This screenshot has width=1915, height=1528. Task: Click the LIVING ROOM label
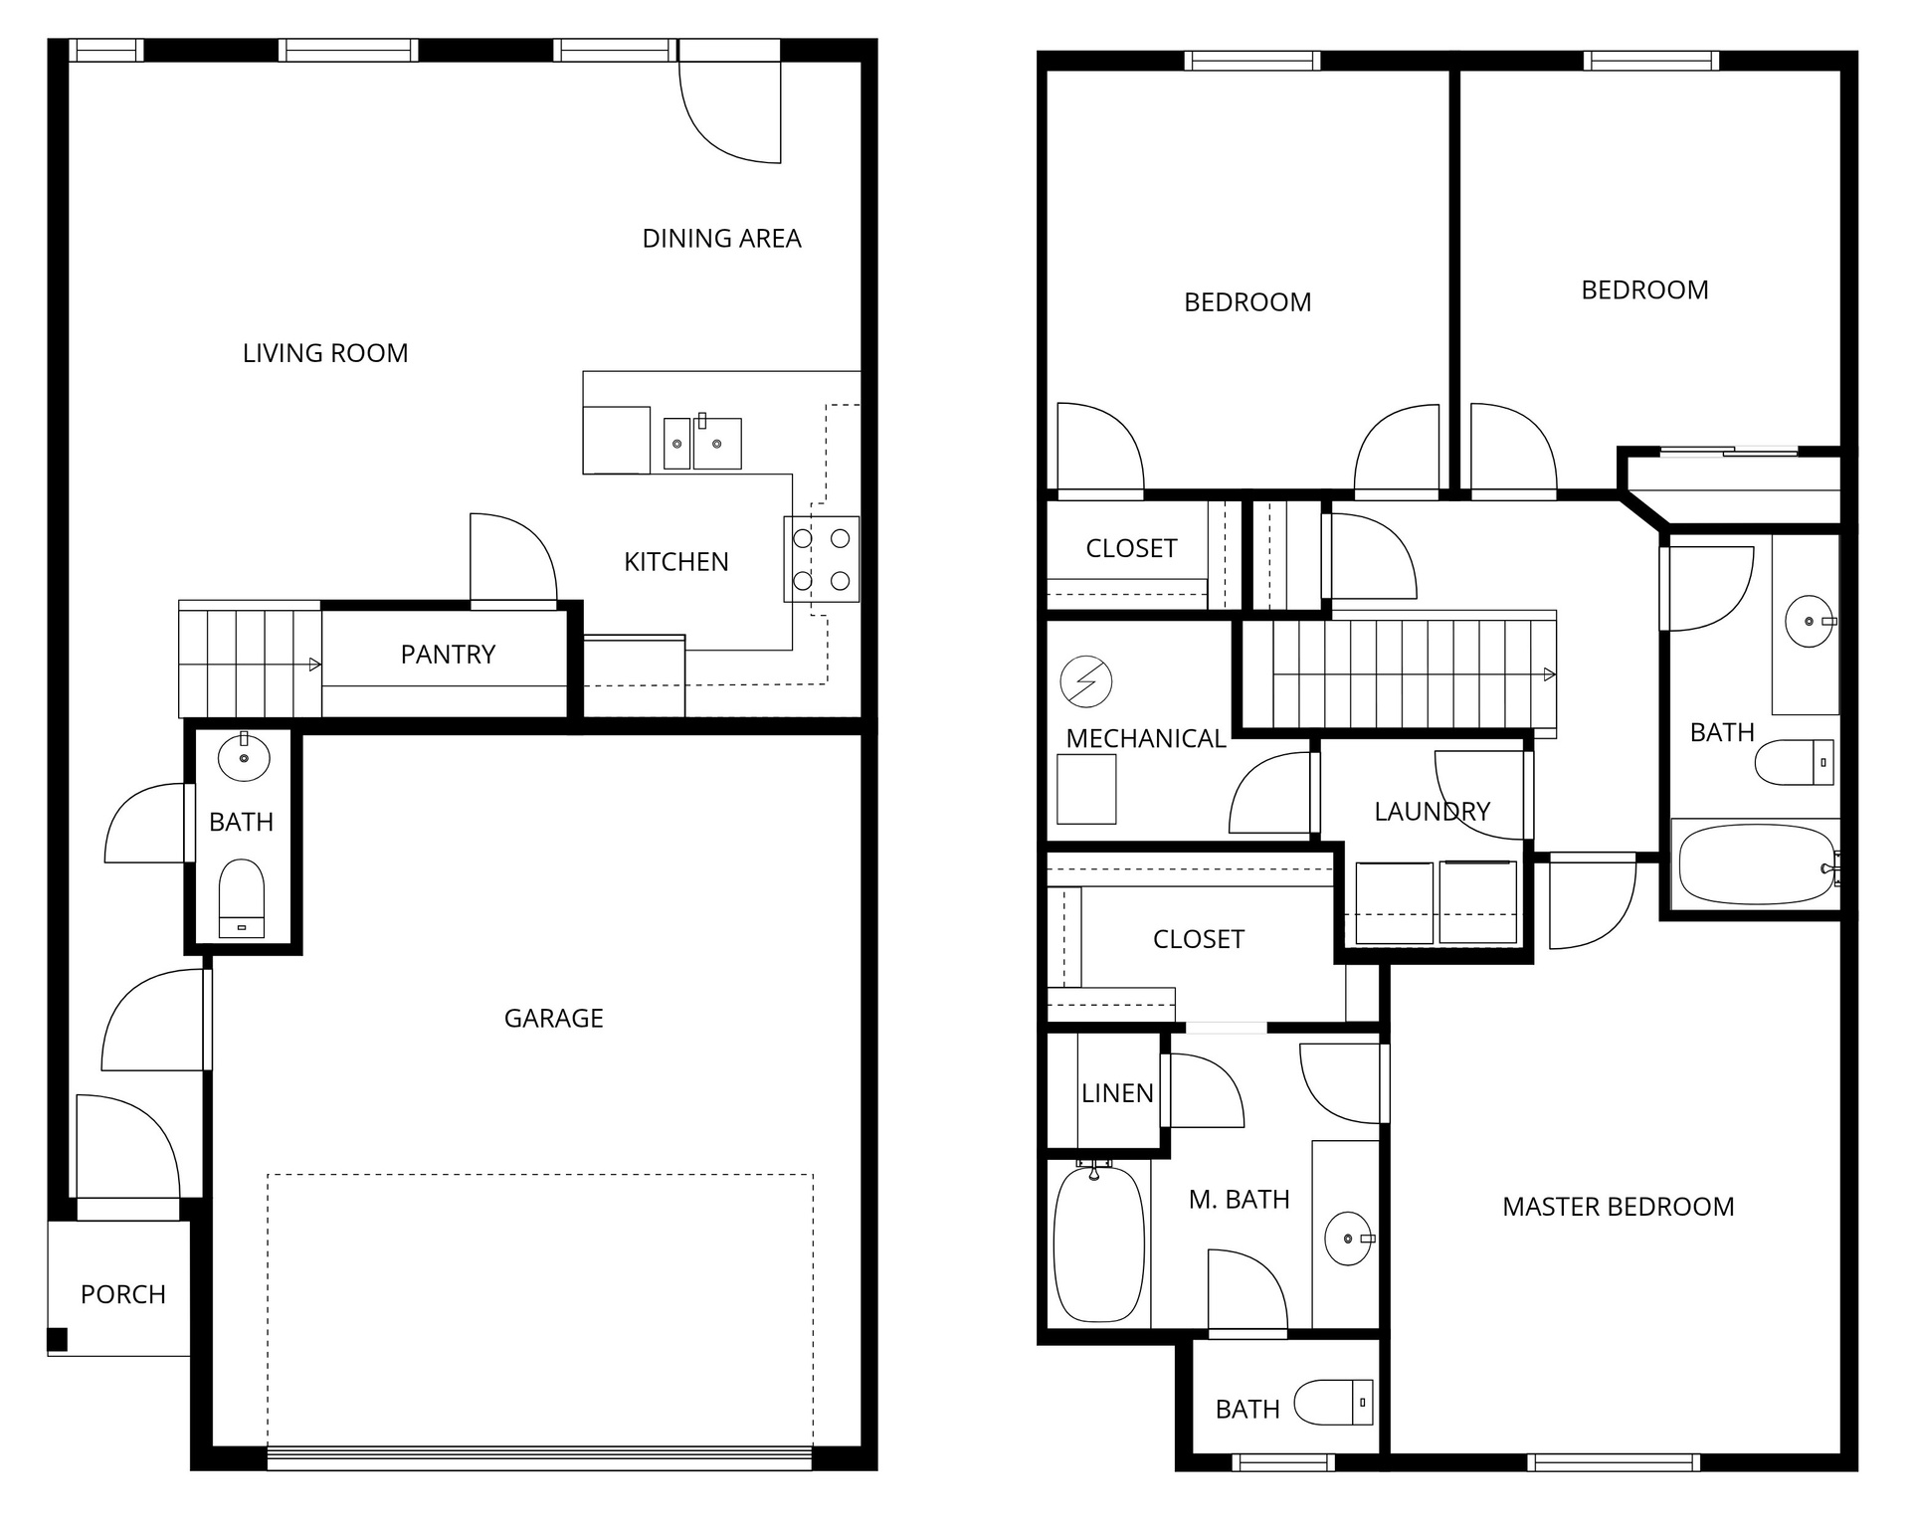325,353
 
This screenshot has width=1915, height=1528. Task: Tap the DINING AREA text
721,239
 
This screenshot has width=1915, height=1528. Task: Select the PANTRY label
448,655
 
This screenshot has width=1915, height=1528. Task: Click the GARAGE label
553,1019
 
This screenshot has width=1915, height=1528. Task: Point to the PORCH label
122,1295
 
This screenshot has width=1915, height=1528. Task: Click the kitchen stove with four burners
822,559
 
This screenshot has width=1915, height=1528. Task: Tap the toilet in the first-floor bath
242,897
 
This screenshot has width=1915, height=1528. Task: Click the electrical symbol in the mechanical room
1085,682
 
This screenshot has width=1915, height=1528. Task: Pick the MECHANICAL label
1145,739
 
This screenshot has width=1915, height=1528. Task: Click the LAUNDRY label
1432,813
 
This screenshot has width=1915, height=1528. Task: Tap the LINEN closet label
1117,1094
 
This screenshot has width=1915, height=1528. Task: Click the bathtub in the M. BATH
1098,1244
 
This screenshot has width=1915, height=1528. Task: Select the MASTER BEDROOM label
1618,1208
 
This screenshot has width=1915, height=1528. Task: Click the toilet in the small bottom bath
1334,1404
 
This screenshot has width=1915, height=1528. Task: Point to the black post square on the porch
58,1340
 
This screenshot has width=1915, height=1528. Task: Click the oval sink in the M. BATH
1348,1239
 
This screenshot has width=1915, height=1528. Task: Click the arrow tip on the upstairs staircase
1550,675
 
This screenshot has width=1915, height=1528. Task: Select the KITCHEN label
675,563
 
